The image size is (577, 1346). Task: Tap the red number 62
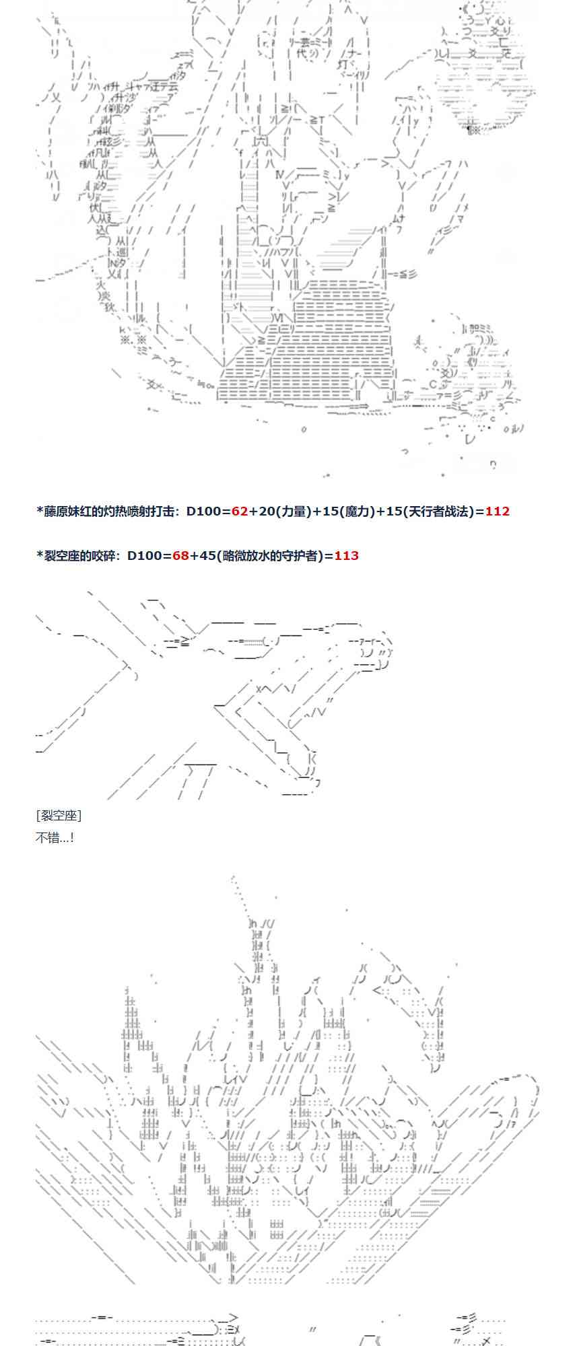240,511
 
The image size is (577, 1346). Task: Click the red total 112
497,511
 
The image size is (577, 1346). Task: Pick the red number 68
180,555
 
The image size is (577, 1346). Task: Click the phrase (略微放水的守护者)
272,555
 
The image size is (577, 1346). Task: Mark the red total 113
346,555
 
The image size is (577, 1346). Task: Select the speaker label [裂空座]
58,816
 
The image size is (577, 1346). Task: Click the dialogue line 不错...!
55,837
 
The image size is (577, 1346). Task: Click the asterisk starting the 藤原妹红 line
39,511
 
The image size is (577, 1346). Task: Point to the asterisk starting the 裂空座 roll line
39,555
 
